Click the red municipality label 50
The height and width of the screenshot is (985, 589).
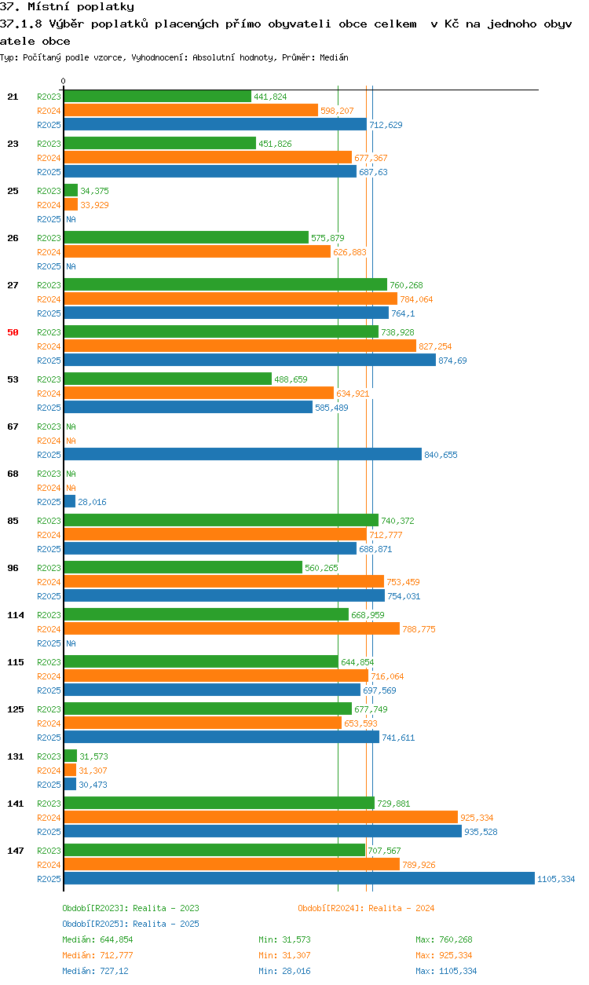[x=13, y=332]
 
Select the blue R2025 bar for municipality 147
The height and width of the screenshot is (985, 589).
[x=299, y=878]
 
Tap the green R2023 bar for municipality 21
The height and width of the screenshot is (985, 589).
[x=158, y=96]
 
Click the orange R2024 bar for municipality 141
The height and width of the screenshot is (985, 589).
[x=261, y=817]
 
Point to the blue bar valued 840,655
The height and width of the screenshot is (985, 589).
[x=243, y=454]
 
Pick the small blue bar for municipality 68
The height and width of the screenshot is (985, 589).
[x=70, y=501]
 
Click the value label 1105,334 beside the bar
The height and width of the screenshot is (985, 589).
[x=556, y=879]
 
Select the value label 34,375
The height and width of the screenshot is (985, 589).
[x=94, y=191]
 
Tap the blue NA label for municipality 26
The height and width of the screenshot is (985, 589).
[x=71, y=266]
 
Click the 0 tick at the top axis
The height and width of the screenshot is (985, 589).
[x=64, y=81]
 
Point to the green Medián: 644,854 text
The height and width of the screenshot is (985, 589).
[x=97, y=939]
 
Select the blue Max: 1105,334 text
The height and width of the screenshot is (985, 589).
[x=446, y=971]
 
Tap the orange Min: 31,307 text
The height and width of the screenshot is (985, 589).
[x=284, y=955]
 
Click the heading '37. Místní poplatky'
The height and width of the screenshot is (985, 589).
[x=68, y=6]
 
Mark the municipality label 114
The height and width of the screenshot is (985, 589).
[x=16, y=615]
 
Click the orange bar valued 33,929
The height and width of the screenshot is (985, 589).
[x=71, y=204]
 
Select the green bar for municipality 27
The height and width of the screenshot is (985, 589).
[x=225, y=284]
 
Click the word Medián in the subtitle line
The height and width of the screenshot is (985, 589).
[x=334, y=57]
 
